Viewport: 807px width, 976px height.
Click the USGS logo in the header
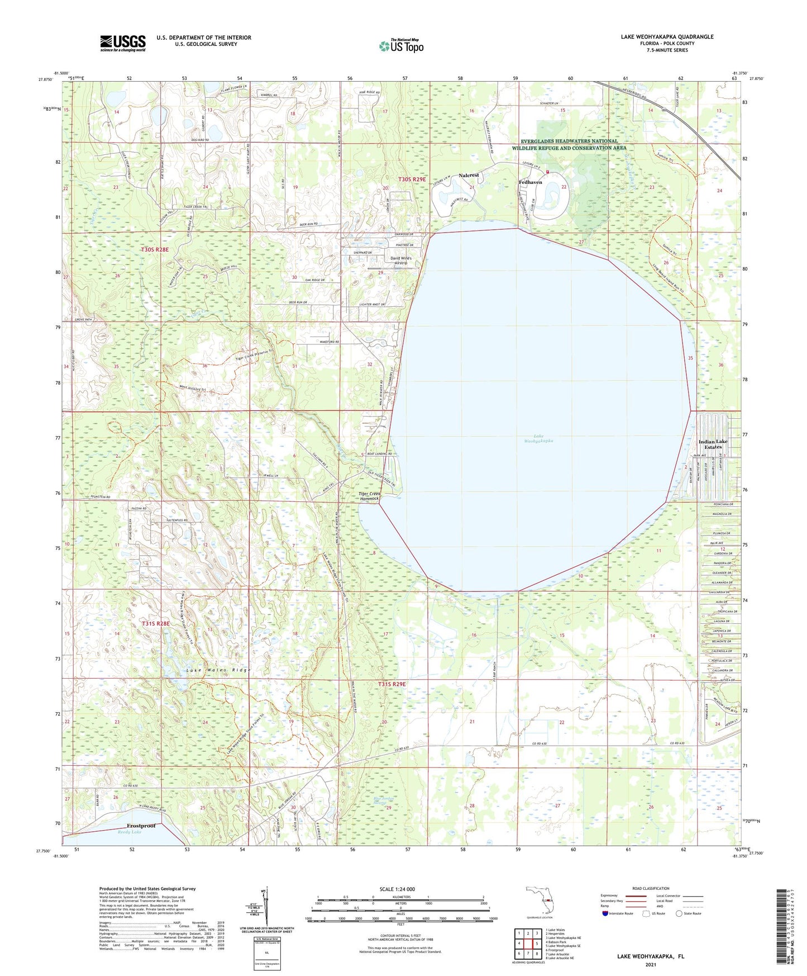[122, 43]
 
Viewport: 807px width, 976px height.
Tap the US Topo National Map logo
[401, 45]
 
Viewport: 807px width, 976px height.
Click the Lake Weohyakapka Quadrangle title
[667, 37]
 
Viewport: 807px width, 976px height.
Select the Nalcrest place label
[469, 176]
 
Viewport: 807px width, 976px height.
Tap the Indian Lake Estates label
[713, 444]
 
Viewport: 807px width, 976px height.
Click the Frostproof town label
[141, 825]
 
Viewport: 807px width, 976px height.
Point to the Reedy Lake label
[130, 832]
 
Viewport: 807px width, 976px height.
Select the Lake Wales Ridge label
[218, 670]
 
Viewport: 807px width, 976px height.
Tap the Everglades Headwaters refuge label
[569, 144]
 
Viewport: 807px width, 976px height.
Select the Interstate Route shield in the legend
[606, 913]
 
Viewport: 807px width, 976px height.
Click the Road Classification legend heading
[651, 888]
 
